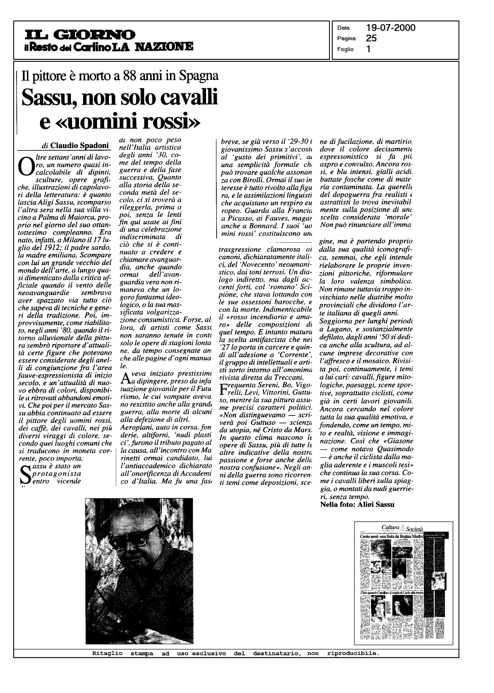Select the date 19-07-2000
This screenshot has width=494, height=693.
coord(391,28)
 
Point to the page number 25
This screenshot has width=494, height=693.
coord(371,38)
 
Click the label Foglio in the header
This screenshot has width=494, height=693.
coord(345,49)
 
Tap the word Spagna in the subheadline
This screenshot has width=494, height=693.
coord(199,76)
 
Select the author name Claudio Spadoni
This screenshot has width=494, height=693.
coord(79,146)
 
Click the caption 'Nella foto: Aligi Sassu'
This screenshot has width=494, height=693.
coord(357,505)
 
